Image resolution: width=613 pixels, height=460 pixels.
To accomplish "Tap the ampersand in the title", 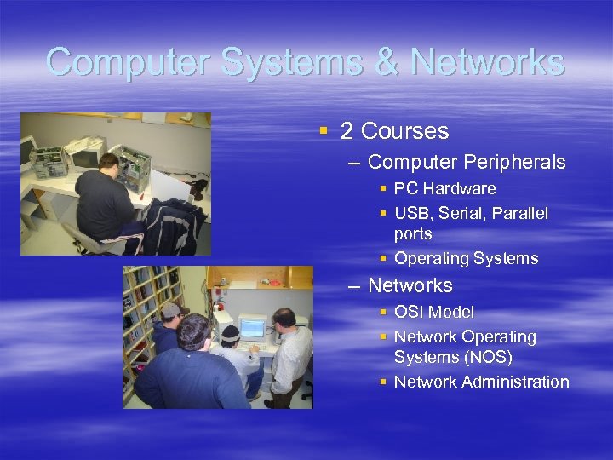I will [x=388, y=62].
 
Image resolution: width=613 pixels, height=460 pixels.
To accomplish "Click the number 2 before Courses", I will [x=347, y=131].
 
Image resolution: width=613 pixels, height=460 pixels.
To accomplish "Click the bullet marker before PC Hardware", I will [x=384, y=188].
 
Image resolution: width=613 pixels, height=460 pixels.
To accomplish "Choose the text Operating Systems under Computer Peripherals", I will [x=466, y=258].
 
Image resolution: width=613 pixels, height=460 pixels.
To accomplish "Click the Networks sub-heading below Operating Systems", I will [x=410, y=285].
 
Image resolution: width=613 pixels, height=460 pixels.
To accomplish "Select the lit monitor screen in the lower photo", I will [x=252, y=328].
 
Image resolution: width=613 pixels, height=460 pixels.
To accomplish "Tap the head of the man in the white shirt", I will [x=285, y=319].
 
